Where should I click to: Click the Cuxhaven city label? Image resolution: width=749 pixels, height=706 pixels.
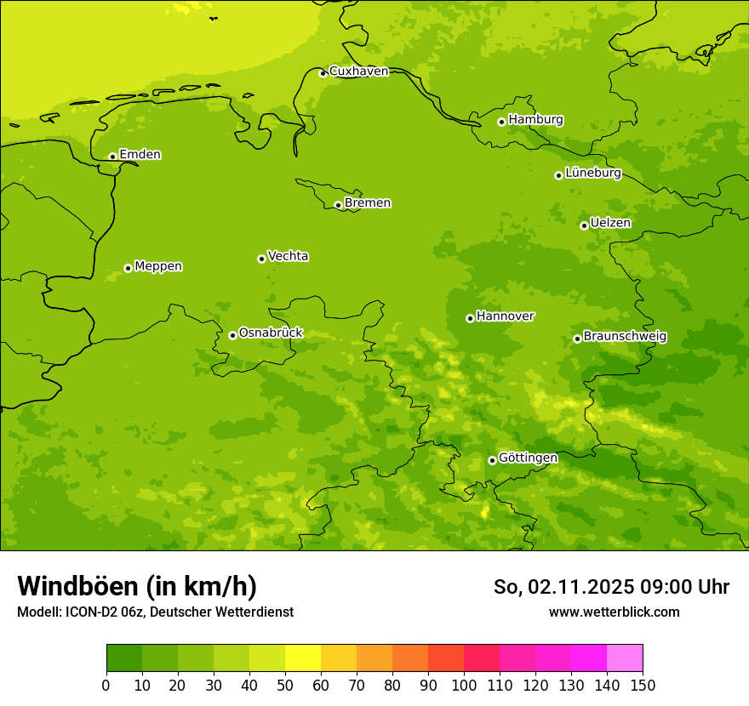[358, 71]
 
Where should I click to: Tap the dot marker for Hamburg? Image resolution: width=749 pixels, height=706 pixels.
[501, 122]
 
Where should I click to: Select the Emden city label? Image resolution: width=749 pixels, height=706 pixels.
[140, 155]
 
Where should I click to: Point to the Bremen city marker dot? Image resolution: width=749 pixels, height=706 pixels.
[338, 205]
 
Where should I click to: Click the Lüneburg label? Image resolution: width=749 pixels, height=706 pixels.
[592, 174]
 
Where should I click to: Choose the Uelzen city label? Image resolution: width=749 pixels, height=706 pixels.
[610, 224]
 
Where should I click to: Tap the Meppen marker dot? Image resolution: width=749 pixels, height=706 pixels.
[128, 268]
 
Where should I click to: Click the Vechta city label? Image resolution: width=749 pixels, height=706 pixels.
[288, 256]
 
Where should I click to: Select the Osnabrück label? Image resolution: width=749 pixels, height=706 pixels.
[271, 333]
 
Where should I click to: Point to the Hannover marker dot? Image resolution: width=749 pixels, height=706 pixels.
[470, 318]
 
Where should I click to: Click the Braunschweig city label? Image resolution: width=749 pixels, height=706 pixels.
[625, 337]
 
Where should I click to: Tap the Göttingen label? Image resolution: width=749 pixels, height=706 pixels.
[528, 458]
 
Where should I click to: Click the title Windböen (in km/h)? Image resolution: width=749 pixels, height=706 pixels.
[137, 586]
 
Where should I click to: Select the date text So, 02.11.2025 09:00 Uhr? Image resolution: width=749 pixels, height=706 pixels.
[611, 587]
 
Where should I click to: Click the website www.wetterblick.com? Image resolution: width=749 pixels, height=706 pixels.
[614, 612]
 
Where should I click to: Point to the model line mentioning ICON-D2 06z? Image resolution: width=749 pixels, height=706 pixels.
[155, 612]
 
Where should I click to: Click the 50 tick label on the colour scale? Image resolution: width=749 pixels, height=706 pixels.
[285, 685]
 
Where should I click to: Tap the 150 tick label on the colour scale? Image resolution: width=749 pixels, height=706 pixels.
[643, 685]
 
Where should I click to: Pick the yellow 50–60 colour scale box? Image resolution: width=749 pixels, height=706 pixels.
[303, 658]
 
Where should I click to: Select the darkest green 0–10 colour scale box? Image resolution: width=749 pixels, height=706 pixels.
[124, 658]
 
